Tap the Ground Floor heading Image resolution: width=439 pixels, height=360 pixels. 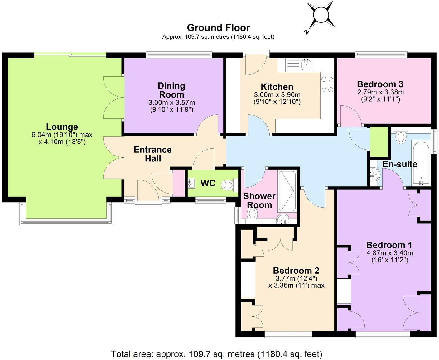click(218, 28)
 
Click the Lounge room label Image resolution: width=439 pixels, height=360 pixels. click(62, 127)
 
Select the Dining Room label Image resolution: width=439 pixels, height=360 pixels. click(171, 90)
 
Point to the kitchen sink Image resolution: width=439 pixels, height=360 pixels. click(306, 65)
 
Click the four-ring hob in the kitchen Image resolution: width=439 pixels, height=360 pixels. click(327, 84)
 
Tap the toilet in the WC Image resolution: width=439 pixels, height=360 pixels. click(228, 186)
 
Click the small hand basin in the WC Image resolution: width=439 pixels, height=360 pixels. click(191, 183)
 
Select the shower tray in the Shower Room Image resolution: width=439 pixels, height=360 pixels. click(287, 190)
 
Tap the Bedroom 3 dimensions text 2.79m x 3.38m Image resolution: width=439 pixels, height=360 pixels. click(380, 92)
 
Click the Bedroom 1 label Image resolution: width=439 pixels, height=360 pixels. click(389, 245)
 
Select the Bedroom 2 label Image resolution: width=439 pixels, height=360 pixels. click(296, 271)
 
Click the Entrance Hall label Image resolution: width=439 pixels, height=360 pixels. click(153, 154)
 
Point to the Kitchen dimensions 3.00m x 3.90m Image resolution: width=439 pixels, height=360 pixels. click(277, 95)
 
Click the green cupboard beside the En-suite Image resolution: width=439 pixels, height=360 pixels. click(379, 142)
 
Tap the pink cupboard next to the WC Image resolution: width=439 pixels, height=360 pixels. click(179, 183)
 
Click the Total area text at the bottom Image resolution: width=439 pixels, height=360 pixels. click(217, 354)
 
